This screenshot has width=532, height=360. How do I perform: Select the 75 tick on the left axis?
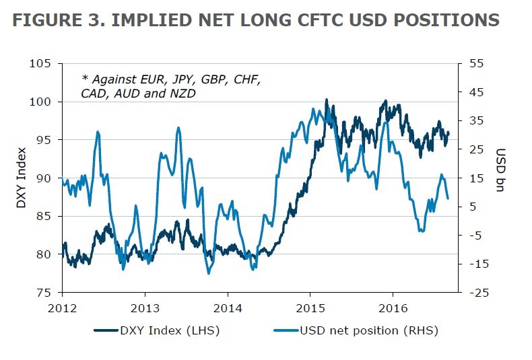(x=45, y=293)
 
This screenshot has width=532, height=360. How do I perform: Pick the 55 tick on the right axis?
(x=474, y=64)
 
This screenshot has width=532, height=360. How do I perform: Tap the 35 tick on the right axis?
(x=474, y=121)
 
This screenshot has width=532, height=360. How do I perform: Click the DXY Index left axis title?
(x=23, y=178)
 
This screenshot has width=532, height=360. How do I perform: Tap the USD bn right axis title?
(x=501, y=168)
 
